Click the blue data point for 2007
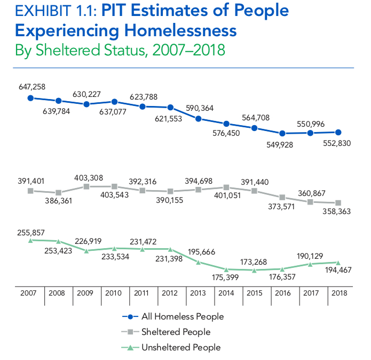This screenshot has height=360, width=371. pos(31,98)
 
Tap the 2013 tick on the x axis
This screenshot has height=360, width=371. pos(198,293)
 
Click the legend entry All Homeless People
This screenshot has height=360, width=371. pos(183,316)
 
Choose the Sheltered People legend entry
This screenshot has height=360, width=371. pos(176,332)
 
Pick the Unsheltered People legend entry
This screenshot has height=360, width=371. pos(181,348)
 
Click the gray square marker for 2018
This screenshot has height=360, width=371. pos(338,203)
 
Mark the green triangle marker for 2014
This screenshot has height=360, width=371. pos(226,269)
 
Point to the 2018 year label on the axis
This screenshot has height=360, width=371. pos(337,293)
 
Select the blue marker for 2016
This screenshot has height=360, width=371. pos(282,133)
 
